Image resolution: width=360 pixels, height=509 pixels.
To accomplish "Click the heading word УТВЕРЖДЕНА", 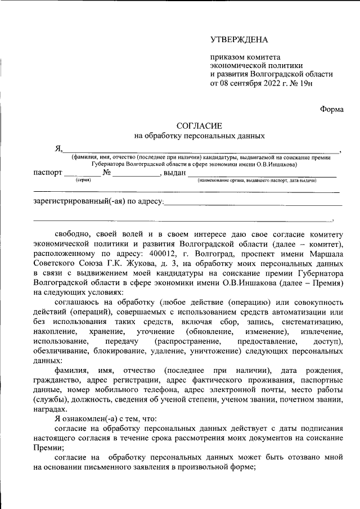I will click(x=239, y=40).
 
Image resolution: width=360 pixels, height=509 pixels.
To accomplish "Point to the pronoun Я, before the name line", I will click(x=57, y=149).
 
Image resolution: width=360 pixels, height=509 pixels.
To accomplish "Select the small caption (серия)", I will click(x=83, y=181).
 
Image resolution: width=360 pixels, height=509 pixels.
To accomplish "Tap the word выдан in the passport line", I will click(x=174, y=173).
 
